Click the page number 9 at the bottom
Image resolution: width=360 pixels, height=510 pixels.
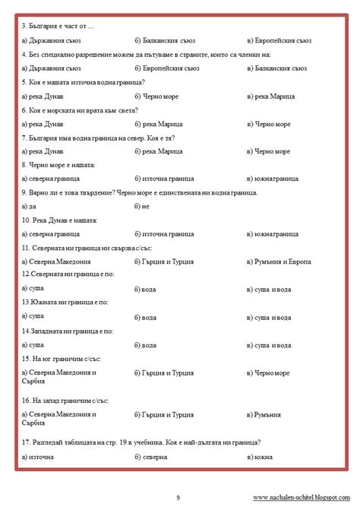[x=178, y=498]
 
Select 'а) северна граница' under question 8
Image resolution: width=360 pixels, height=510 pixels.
[x=51, y=179]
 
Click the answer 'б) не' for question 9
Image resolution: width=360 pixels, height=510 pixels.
[x=142, y=207]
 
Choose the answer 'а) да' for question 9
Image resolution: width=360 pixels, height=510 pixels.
[x=30, y=207]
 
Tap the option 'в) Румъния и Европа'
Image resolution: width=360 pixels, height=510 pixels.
[x=279, y=262]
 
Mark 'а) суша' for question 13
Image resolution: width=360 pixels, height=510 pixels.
[x=33, y=315]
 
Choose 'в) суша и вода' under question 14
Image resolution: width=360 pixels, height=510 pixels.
[x=270, y=345]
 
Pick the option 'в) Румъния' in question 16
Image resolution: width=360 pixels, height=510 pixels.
[x=264, y=415]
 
